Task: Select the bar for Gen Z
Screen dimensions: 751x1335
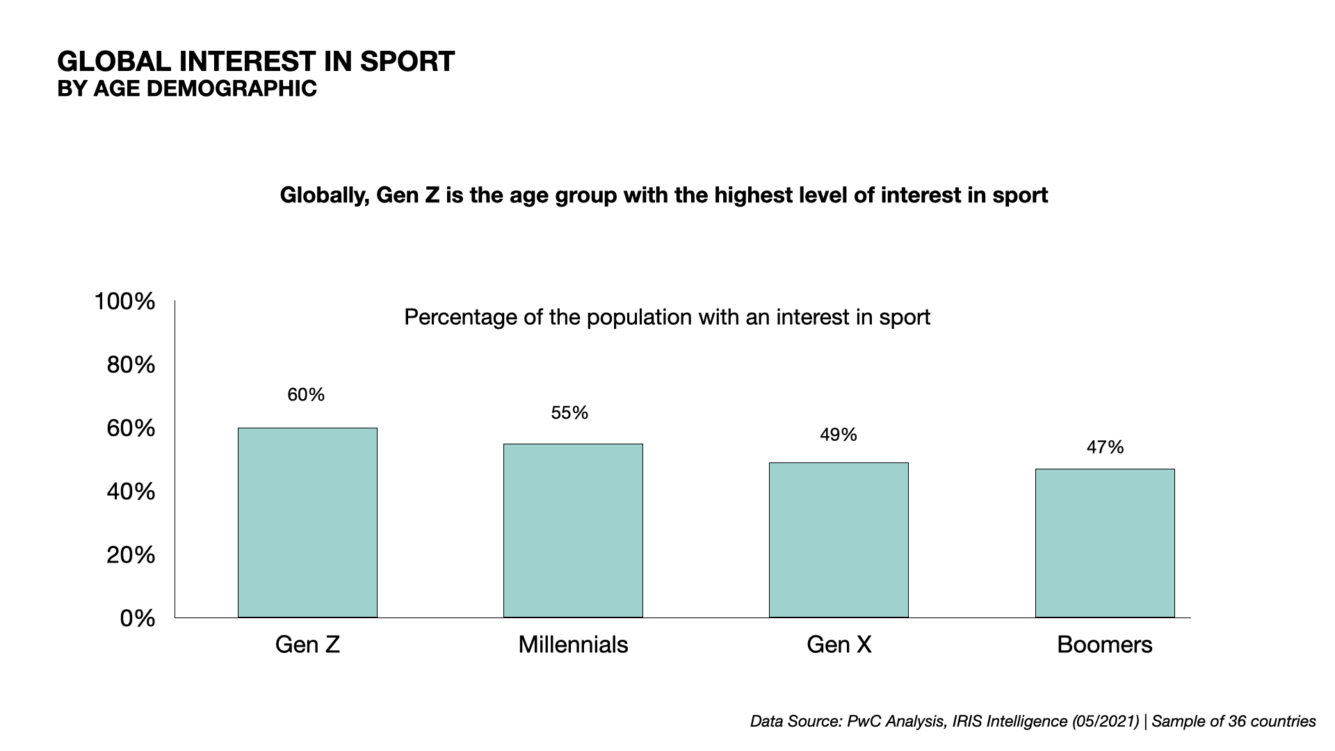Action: [x=307, y=522]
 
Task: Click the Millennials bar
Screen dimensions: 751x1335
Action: [x=573, y=531]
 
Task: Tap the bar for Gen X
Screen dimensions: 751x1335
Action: [x=839, y=540]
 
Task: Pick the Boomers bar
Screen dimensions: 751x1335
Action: [x=1105, y=543]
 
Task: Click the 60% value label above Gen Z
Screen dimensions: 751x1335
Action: [x=306, y=395]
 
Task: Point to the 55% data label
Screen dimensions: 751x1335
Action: [x=569, y=413]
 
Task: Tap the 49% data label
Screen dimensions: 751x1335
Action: [x=838, y=435]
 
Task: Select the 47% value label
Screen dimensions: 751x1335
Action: [x=1105, y=448]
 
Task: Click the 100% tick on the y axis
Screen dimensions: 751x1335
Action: [x=124, y=302]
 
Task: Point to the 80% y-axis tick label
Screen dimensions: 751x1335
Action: [x=131, y=365]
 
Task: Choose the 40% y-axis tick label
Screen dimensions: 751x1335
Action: [x=131, y=492]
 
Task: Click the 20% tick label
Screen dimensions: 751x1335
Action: [x=131, y=556]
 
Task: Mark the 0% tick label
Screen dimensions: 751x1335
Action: [x=137, y=619]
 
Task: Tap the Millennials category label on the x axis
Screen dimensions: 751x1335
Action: [x=573, y=645]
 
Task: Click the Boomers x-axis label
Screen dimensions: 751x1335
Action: [x=1104, y=645]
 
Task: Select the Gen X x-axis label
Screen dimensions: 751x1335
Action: [x=839, y=645]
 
